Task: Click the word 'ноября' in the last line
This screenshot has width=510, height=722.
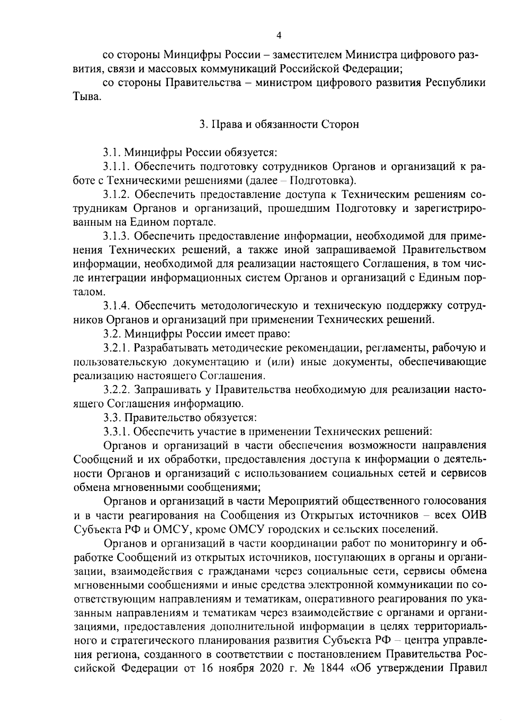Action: point(228,679)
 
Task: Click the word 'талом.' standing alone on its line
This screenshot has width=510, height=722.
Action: point(88,292)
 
